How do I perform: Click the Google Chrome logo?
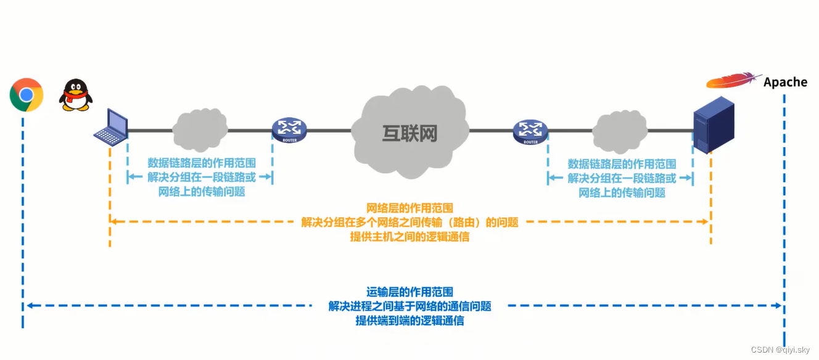(x=26, y=95)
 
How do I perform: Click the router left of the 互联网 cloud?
(x=289, y=129)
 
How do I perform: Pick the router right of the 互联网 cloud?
(x=530, y=131)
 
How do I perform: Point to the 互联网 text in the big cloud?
(x=409, y=133)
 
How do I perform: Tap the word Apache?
(x=785, y=82)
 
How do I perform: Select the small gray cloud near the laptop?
(x=199, y=129)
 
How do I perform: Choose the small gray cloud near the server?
(x=619, y=131)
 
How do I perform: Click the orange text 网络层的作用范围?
(x=410, y=208)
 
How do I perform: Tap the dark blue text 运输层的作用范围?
(x=409, y=292)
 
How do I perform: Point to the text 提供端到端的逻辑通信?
(x=409, y=321)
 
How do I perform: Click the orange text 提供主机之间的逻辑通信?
(x=409, y=237)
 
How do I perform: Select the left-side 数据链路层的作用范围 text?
(x=202, y=163)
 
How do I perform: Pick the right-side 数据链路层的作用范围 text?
(x=622, y=163)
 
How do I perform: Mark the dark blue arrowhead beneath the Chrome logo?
(x=28, y=305)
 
